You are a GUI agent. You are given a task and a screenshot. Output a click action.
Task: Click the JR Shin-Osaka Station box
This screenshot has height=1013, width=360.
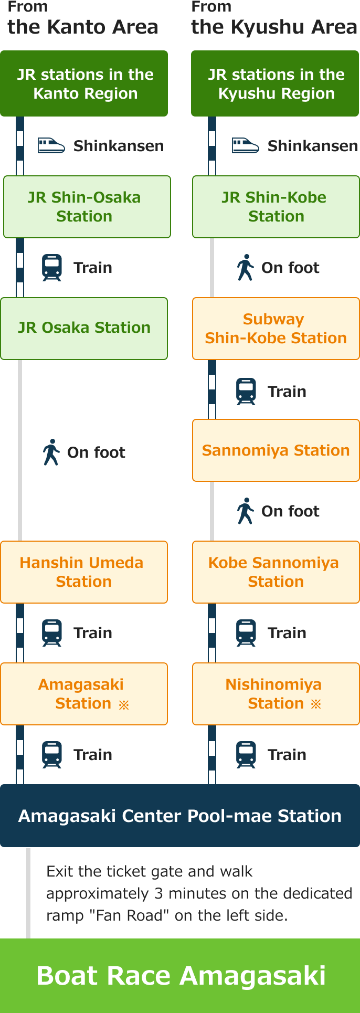[87, 207]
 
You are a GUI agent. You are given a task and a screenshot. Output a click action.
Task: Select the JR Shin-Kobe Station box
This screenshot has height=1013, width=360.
[276, 207]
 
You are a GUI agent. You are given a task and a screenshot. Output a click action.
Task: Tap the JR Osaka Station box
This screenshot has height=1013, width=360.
[84, 329]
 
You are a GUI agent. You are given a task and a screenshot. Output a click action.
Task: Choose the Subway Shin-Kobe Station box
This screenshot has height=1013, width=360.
[276, 329]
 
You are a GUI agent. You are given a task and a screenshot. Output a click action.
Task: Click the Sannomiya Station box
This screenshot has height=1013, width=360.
[276, 450]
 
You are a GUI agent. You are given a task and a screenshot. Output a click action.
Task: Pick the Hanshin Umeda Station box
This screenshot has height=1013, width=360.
[84, 572]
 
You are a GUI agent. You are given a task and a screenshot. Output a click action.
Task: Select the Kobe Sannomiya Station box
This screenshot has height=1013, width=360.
[276, 572]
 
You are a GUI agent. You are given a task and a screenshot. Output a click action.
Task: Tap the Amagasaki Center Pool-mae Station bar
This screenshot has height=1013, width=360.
[180, 816]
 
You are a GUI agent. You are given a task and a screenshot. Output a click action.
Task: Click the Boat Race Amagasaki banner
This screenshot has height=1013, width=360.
[180, 976]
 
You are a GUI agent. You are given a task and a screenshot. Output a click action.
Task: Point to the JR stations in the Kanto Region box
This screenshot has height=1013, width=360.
[84, 83]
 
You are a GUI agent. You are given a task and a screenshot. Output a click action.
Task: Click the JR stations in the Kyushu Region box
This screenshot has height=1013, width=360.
[275, 83]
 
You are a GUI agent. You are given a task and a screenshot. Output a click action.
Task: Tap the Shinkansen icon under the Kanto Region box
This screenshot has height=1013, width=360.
[51, 145]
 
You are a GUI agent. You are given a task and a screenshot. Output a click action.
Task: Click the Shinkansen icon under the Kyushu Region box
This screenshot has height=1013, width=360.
[246, 145]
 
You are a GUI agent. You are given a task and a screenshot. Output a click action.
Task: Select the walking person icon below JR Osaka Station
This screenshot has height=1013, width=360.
[51, 452]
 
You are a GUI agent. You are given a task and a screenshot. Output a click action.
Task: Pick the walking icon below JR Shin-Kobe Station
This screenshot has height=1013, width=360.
[246, 267]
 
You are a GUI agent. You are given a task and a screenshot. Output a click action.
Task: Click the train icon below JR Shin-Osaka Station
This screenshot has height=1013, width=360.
[51, 268]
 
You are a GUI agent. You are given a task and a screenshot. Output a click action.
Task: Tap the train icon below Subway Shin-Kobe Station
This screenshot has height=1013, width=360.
[246, 392]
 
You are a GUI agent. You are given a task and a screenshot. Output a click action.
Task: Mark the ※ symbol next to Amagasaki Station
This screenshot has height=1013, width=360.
[124, 705]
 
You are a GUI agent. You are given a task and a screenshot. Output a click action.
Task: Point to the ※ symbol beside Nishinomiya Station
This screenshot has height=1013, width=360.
[316, 704]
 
